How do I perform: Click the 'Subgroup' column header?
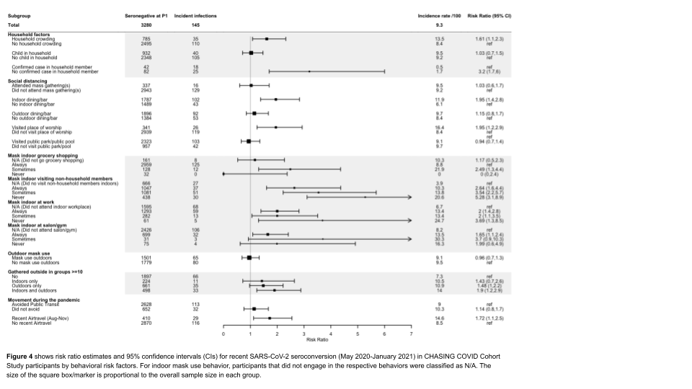coord(19,15)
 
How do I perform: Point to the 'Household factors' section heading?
coord(30,34)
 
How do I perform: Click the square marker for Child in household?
coord(251,53)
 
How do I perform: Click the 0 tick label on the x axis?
coord(223,334)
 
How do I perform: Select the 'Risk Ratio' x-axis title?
coord(317,339)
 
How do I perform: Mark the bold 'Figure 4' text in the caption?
coord(19,357)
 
